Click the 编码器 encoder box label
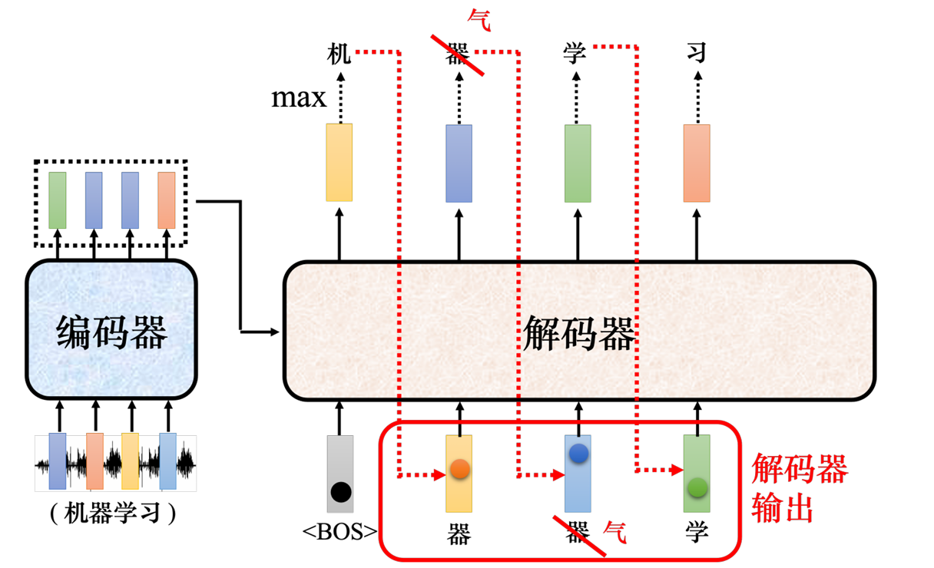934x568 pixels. click(x=111, y=332)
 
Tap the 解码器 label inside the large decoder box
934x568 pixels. click(x=578, y=333)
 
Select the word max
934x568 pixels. click(x=299, y=98)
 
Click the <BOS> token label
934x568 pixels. click(x=339, y=532)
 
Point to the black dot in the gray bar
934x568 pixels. click(x=341, y=492)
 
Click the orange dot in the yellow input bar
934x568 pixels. click(x=460, y=469)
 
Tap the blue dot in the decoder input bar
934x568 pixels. click(x=578, y=454)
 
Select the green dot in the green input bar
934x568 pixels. click(x=697, y=487)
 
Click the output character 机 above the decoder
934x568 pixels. click(x=339, y=53)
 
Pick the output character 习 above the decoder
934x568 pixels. click(x=697, y=52)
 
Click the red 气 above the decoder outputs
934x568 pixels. click(x=479, y=20)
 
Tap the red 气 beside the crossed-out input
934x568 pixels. click(x=614, y=532)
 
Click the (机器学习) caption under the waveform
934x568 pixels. click(x=112, y=513)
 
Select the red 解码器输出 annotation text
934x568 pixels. click(x=800, y=487)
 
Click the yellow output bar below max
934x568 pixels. click(x=339, y=163)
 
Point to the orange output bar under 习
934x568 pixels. click(x=697, y=163)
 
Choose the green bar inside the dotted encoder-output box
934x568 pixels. click(x=58, y=200)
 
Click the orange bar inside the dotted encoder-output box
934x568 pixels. click(x=167, y=200)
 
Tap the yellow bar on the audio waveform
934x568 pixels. click(x=130, y=461)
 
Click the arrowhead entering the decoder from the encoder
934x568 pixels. click(x=275, y=332)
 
